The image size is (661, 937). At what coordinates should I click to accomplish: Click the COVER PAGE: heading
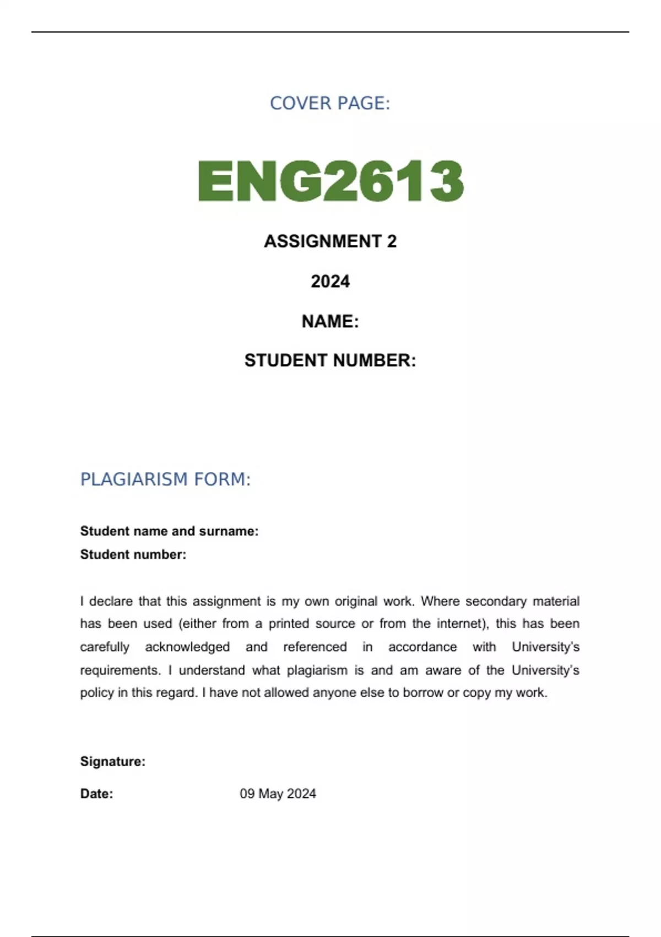330,103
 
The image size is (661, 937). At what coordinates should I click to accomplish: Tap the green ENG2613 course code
330,181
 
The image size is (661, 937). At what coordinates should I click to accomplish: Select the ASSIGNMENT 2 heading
330,241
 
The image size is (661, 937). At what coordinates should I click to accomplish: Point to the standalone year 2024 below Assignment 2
330,282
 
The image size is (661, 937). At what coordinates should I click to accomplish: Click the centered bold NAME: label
330,321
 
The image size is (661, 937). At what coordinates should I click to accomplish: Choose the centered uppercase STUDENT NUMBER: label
330,360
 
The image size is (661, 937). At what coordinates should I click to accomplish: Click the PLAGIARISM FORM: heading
165,480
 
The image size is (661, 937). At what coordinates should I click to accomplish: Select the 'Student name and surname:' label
169,531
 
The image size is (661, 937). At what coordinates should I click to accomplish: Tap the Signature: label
113,762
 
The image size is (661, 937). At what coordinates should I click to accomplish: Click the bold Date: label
96,794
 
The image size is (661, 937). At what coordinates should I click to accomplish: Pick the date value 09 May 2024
278,794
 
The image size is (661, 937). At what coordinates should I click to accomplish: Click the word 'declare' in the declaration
111,601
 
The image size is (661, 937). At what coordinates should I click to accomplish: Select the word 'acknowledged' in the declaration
187,647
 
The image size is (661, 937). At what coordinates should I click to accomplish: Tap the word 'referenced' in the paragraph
315,647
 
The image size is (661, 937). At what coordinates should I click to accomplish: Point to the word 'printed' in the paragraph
288,624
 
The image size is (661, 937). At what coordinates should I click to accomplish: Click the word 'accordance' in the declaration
422,647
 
